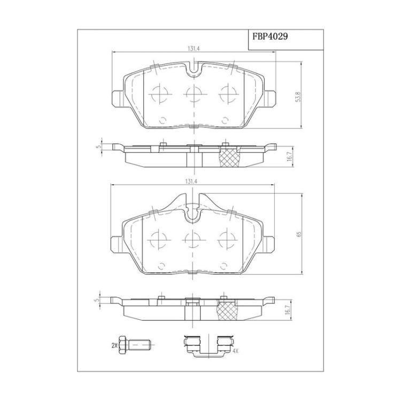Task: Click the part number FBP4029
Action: (270, 36)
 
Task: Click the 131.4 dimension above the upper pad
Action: (194, 49)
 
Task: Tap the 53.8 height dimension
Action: (298, 97)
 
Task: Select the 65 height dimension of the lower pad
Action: (299, 234)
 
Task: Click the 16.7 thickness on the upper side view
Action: (289, 156)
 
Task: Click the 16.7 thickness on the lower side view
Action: (288, 310)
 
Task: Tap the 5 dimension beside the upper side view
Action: (97, 147)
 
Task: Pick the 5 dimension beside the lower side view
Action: (96, 300)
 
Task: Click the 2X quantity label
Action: (114, 345)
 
